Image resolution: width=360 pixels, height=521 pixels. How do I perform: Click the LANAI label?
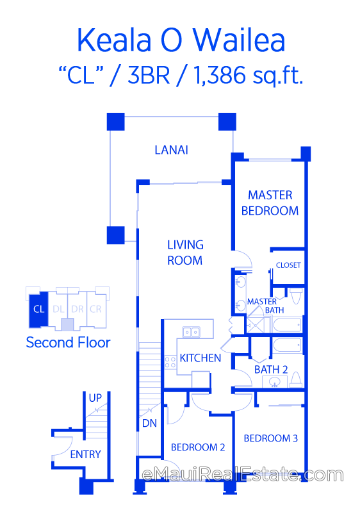172,150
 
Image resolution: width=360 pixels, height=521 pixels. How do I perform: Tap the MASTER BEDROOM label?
270,203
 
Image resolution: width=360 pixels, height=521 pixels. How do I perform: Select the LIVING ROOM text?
185,252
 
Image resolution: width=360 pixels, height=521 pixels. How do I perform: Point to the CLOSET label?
288,265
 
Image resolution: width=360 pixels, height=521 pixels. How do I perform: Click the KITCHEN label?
200,358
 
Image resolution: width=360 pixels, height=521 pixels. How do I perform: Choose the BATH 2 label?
271,370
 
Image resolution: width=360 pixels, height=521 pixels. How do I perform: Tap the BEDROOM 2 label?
198,447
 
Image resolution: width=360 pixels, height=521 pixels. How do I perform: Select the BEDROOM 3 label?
271,438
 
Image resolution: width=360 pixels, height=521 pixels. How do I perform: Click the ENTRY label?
85,454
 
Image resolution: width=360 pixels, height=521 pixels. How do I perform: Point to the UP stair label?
95,398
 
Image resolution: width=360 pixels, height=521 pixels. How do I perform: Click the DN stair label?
149,423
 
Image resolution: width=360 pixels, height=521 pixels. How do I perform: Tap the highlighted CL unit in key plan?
38,310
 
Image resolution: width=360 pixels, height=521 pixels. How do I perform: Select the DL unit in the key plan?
58,310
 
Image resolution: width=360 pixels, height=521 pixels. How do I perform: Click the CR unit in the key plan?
96,310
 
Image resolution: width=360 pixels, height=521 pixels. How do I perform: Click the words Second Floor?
68,343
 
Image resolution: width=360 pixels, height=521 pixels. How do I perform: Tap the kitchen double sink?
192,332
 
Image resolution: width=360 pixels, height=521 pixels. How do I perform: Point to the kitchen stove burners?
170,362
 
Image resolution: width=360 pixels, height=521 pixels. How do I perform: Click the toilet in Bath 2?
295,379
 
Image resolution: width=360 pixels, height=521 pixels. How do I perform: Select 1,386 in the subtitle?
219,75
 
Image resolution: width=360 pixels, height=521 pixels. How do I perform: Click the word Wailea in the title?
240,40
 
